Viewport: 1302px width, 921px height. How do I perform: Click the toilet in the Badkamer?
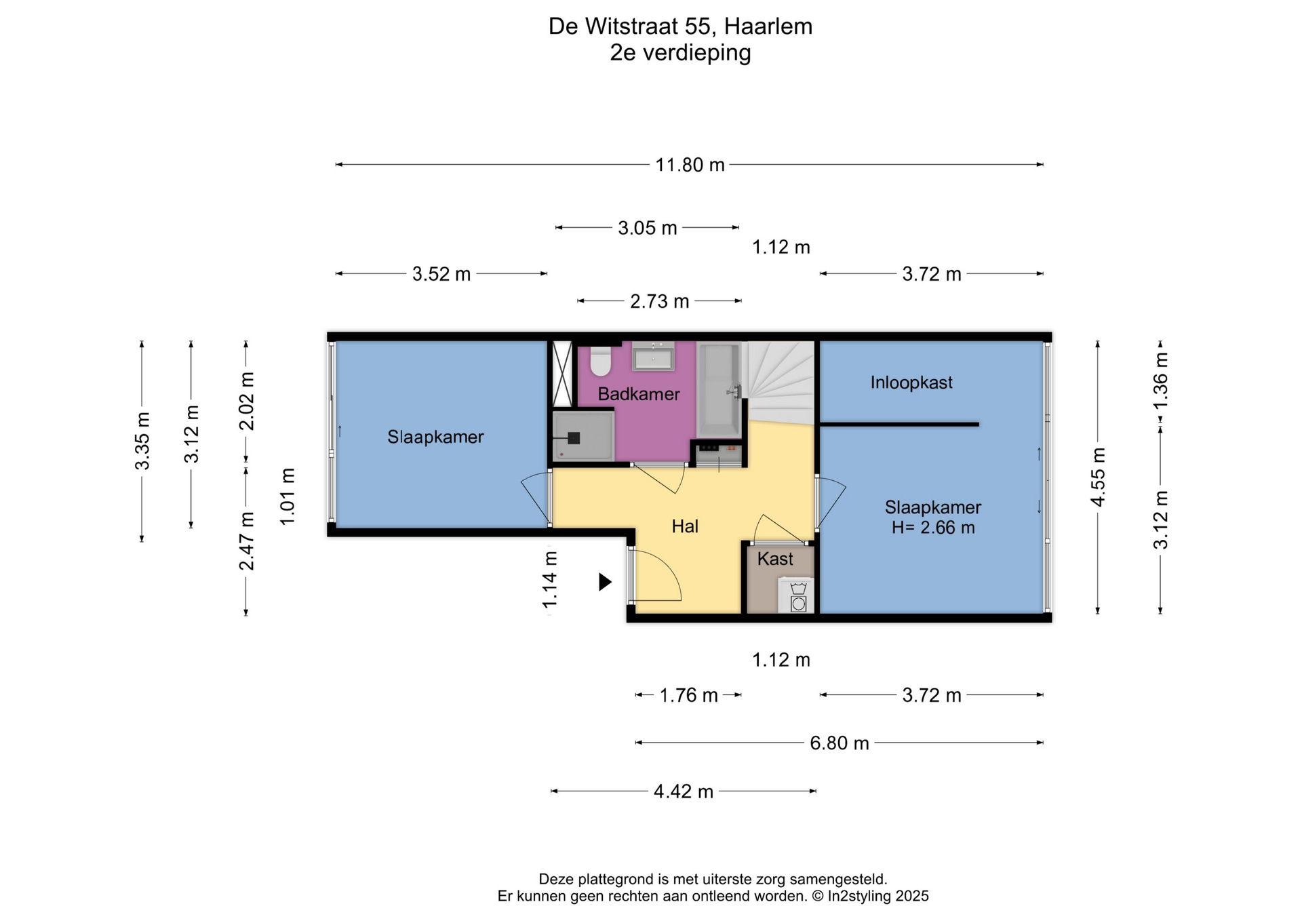tap(601, 360)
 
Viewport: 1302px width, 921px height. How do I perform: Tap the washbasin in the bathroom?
tap(653, 356)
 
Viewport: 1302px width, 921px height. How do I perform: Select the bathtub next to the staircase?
tap(719, 389)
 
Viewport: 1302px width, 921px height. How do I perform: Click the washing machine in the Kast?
tap(798, 595)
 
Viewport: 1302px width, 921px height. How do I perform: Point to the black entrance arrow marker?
tap(605, 582)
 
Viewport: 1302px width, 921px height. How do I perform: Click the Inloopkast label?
tap(911, 383)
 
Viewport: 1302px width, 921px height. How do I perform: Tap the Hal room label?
tap(685, 526)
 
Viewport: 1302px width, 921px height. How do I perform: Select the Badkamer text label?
tap(638, 394)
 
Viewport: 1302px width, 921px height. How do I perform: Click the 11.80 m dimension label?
tap(690, 165)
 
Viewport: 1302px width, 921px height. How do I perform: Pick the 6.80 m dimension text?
tap(840, 743)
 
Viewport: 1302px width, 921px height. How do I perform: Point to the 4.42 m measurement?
tap(684, 791)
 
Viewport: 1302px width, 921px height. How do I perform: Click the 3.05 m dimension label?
tap(648, 228)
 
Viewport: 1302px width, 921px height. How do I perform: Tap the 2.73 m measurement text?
tap(660, 301)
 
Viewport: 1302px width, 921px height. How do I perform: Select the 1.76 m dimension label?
tap(689, 695)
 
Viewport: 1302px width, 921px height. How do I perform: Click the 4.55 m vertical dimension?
tap(1098, 477)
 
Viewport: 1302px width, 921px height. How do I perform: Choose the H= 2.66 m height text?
tap(933, 528)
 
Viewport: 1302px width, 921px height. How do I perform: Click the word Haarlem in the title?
tap(768, 26)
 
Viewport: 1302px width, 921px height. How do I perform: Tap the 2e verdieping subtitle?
tap(680, 53)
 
